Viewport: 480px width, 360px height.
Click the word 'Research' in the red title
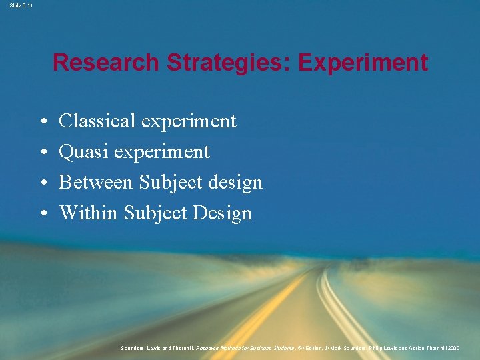pos(107,63)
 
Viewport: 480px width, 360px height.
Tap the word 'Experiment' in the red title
pos(363,63)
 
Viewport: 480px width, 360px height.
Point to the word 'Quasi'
pos(84,151)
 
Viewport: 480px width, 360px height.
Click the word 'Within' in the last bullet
pos(87,213)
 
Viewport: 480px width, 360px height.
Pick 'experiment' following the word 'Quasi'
pos(161,153)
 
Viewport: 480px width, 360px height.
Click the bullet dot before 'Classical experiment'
pos(42,122)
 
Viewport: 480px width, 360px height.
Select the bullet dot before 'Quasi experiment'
pos(42,153)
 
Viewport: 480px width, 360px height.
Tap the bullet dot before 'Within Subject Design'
pos(42,214)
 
